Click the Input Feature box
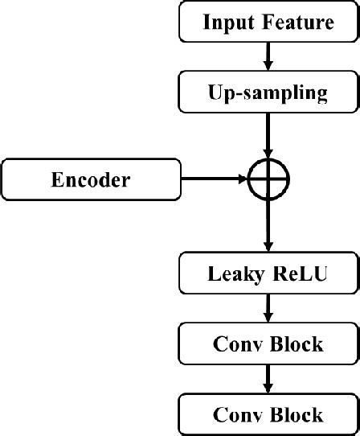pos(268,22)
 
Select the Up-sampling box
pos(268,93)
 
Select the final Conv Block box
pos(268,414)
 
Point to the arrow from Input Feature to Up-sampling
pos(268,56)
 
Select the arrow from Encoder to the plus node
pos(213,179)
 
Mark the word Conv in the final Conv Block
pos(234,414)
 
